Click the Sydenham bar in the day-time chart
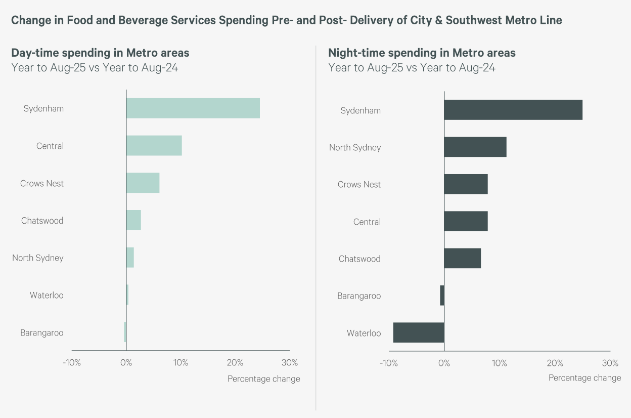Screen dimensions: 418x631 click(x=193, y=108)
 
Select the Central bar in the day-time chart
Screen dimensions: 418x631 click(x=154, y=146)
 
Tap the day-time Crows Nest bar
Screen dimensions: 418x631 click(x=143, y=183)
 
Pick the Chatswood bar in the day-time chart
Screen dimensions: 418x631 click(x=133, y=220)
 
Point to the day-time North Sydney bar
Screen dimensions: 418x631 click(x=130, y=258)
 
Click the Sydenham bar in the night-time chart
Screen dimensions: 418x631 click(x=513, y=110)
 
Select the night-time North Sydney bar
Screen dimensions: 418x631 click(x=475, y=147)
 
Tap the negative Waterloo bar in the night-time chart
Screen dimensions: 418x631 click(x=419, y=332)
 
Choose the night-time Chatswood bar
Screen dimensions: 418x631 click(x=462, y=258)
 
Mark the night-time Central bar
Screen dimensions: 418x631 click(x=466, y=221)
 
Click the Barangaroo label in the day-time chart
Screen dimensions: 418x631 click(x=42, y=332)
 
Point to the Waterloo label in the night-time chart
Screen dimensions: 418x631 click(x=364, y=333)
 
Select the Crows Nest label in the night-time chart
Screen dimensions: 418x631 click(x=359, y=184)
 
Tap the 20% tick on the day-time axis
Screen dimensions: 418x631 click(x=235, y=362)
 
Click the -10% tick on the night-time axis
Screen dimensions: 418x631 click(x=388, y=363)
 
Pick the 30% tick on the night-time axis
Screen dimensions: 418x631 click(x=610, y=363)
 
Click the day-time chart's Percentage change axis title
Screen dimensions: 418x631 click(x=263, y=379)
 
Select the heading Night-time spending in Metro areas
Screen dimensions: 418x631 click(x=422, y=53)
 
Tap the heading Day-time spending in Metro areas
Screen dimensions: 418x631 click(x=100, y=53)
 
